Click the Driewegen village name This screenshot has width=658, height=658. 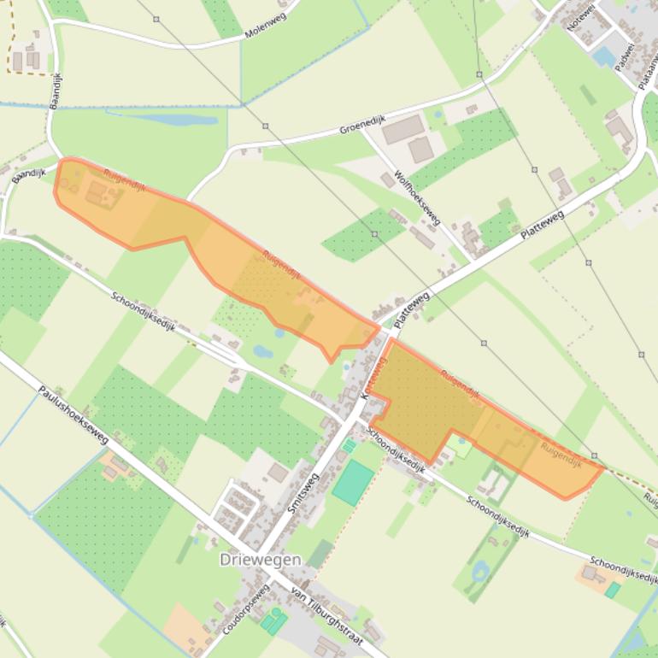point(260,560)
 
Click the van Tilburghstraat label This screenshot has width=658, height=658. point(326,615)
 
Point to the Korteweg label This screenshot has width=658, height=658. point(373,381)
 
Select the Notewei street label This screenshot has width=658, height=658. point(580,17)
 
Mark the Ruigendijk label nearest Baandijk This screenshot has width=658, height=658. point(125,180)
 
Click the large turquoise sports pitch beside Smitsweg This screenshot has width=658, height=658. point(353,482)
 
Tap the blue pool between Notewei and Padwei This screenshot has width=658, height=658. point(604,56)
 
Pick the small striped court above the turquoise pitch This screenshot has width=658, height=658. point(349,446)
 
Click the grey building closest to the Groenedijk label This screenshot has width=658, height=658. point(402,130)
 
